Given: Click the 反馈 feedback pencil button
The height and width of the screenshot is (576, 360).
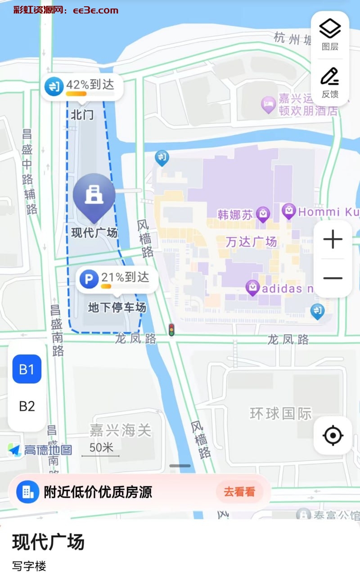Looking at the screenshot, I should click(330, 82).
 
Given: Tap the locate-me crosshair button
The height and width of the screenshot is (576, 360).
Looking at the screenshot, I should click(333, 435).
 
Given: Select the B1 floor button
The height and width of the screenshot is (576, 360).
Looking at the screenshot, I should click(27, 369).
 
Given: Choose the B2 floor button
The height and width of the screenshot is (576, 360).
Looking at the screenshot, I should click(27, 406).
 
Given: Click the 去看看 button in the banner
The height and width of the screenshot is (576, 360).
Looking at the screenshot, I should click(239, 492).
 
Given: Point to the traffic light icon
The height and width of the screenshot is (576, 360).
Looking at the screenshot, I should click(171, 330).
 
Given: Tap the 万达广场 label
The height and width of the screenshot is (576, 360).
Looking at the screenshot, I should click(251, 242).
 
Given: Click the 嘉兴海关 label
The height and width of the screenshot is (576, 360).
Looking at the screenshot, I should click(120, 431).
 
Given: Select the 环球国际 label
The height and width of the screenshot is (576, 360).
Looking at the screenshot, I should click(281, 414).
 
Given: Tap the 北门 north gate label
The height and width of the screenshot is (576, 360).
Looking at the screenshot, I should click(82, 115).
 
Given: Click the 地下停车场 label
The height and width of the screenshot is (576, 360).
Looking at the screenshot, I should click(117, 308).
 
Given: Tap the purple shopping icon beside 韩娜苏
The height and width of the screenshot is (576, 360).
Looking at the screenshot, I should click(263, 215).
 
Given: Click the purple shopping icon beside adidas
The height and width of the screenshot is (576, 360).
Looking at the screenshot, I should click(252, 288).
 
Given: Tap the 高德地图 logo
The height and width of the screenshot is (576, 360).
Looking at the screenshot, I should click(40, 450).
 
